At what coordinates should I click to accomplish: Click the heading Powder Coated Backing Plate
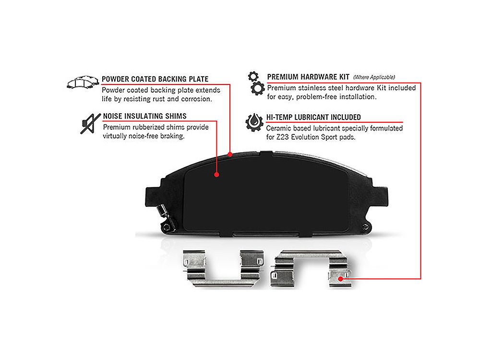click(x=155, y=79)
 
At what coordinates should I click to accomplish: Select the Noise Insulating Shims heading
click(x=144, y=116)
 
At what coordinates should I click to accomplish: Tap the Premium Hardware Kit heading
click(x=308, y=77)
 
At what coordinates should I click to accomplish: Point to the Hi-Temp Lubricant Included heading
click(x=313, y=117)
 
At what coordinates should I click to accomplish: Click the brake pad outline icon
click(x=83, y=82)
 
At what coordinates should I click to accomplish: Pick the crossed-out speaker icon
click(x=90, y=124)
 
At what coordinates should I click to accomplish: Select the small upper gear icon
click(x=253, y=76)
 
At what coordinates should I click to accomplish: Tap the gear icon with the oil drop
click(x=254, y=122)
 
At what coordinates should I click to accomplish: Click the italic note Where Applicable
click(x=374, y=77)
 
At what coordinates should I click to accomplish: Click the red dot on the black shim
click(x=216, y=175)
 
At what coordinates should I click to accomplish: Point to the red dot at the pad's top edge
click(x=230, y=155)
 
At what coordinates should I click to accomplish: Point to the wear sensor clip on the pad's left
click(x=166, y=217)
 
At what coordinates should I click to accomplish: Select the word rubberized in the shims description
click(x=150, y=127)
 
